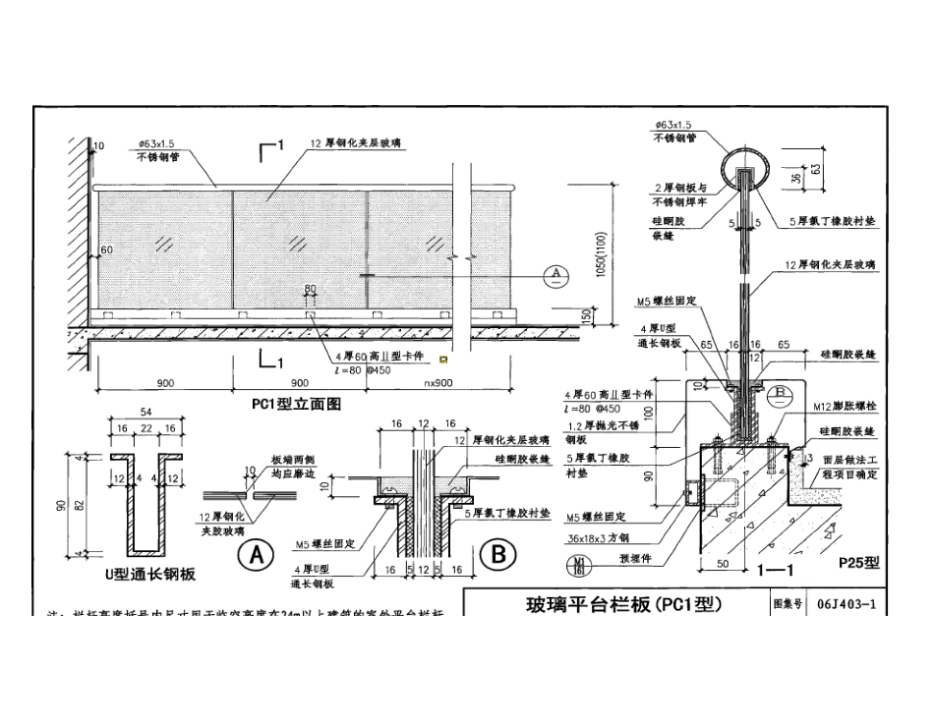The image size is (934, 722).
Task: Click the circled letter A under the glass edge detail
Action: [259, 556]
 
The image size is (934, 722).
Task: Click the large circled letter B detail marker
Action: [497, 556]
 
